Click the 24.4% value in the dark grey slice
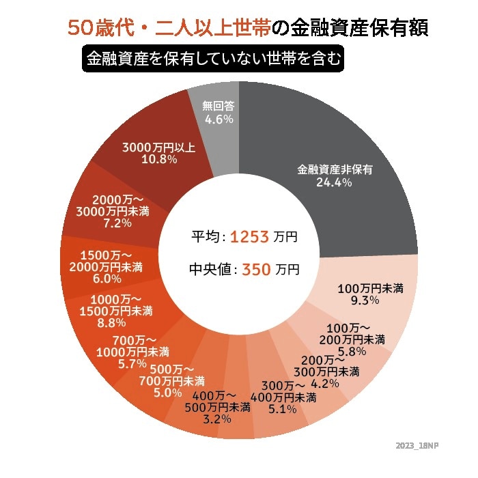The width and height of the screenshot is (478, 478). click(x=334, y=183)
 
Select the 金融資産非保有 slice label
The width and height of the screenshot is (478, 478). click(x=335, y=169)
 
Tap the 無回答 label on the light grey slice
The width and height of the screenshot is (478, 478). click(x=219, y=106)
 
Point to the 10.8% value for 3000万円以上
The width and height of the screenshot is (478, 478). click(x=159, y=160)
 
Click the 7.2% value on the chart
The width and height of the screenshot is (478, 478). click(x=117, y=223)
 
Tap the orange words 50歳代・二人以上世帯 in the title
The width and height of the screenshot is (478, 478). click(x=168, y=29)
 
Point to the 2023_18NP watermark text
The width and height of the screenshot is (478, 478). click(x=418, y=445)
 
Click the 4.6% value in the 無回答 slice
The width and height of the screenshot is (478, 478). click(x=219, y=119)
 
